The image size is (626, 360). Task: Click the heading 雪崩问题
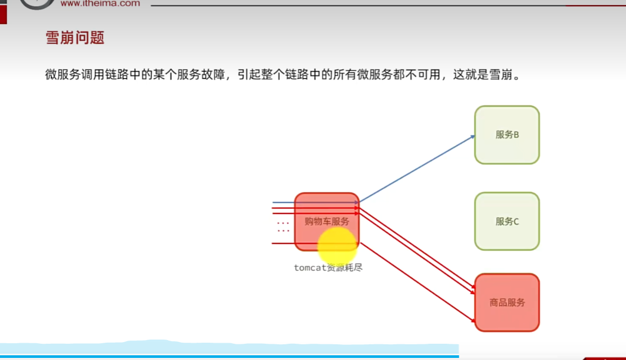(x=75, y=38)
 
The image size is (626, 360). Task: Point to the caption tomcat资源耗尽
(x=328, y=268)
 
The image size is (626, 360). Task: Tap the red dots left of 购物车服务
(x=283, y=227)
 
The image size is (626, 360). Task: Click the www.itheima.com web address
(x=100, y=3)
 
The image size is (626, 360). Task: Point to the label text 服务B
(x=507, y=135)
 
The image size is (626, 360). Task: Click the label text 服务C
(x=507, y=222)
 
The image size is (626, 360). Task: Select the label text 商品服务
(x=507, y=302)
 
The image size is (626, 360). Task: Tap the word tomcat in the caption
(x=310, y=268)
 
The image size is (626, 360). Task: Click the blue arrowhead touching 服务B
(x=473, y=136)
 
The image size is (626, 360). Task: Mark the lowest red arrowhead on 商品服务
(x=473, y=320)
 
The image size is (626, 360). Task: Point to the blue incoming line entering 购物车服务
(x=283, y=202)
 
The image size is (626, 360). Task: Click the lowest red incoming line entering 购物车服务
(x=283, y=244)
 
